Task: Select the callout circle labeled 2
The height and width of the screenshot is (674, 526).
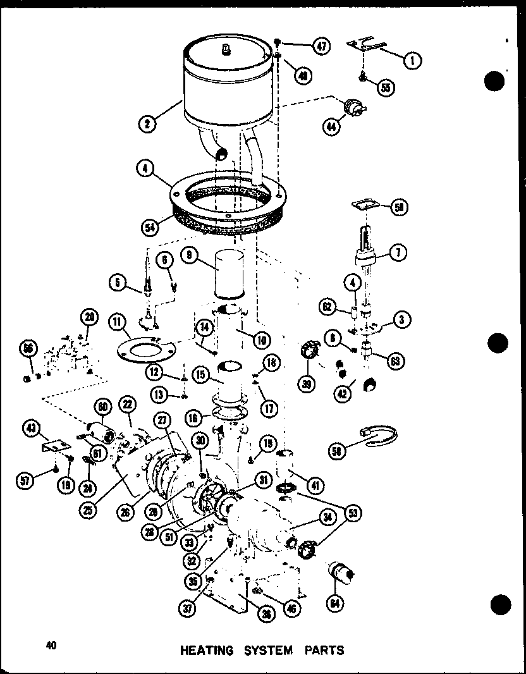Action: (x=147, y=123)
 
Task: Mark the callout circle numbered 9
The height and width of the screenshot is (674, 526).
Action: (x=189, y=255)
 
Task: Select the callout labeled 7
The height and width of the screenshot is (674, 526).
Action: (x=398, y=252)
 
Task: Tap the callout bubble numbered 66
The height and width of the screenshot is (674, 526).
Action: (x=30, y=348)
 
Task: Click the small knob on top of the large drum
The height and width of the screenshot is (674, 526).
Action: (x=225, y=48)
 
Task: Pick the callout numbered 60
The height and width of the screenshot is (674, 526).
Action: (x=102, y=406)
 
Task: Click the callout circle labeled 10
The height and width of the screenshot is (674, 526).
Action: (x=259, y=340)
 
